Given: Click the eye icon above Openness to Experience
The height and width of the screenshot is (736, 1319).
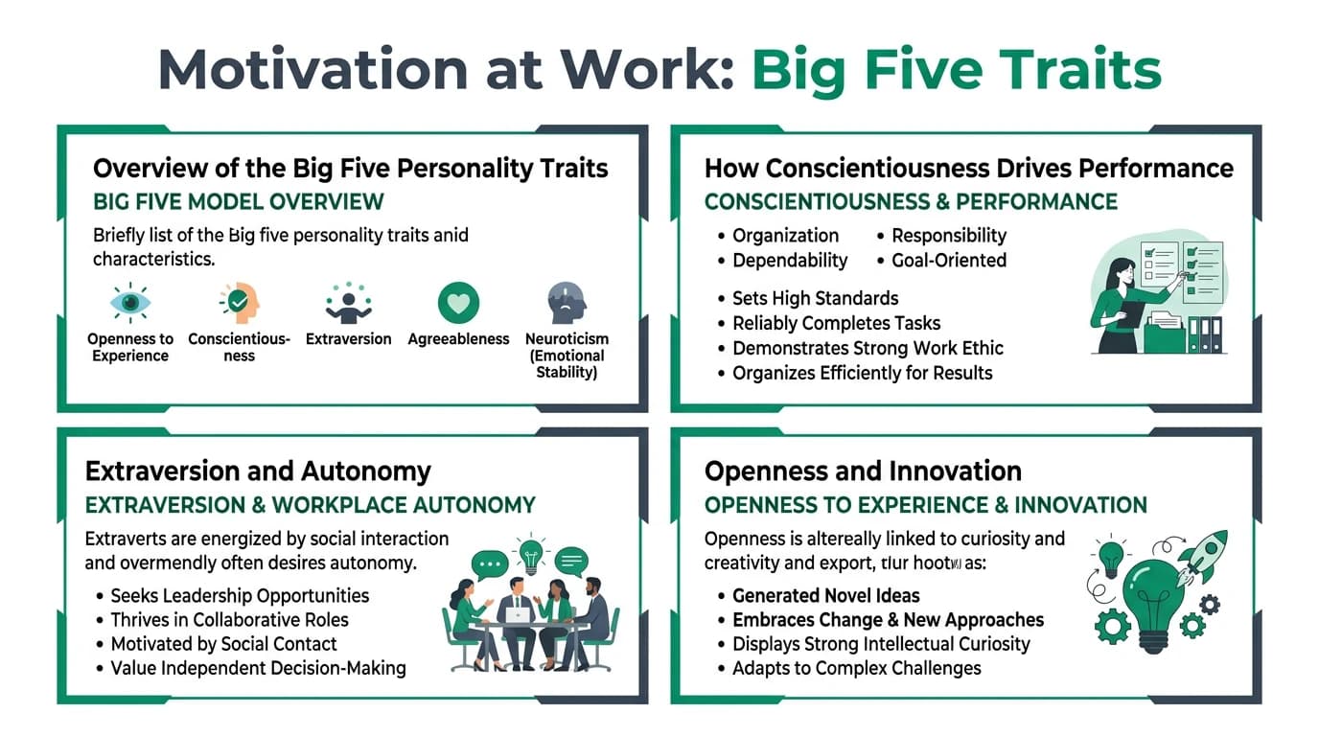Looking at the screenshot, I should [x=129, y=303].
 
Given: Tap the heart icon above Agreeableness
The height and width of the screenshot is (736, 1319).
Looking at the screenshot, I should [x=458, y=303].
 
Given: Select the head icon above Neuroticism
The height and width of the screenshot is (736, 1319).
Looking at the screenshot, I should [x=566, y=303].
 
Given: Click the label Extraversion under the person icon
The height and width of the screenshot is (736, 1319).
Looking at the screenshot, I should [x=348, y=339].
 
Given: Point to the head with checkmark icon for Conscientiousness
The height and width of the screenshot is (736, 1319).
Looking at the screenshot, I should [x=239, y=303].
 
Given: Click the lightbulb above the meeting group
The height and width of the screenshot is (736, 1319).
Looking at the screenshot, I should [x=530, y=554].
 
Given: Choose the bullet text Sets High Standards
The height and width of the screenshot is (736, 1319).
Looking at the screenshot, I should [x=815, y=298].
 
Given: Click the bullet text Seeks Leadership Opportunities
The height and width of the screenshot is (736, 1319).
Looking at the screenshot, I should [x=240, y=595].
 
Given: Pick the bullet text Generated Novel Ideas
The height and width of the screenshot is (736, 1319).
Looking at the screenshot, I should [x=825, y=595].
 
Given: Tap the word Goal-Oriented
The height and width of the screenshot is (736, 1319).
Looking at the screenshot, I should [x=949, y=261].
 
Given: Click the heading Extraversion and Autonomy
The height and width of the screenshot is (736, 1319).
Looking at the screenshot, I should [x=258, y=471].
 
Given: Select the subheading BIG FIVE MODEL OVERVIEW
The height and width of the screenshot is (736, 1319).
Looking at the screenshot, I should [x=238, y=202].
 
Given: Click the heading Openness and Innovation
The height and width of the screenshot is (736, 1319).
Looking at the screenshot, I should [x=863, y=471].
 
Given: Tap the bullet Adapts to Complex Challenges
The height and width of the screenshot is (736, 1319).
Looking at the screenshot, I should [x=856, y=668].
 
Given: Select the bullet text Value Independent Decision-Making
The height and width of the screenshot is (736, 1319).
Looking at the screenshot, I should [x=258, y=668].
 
